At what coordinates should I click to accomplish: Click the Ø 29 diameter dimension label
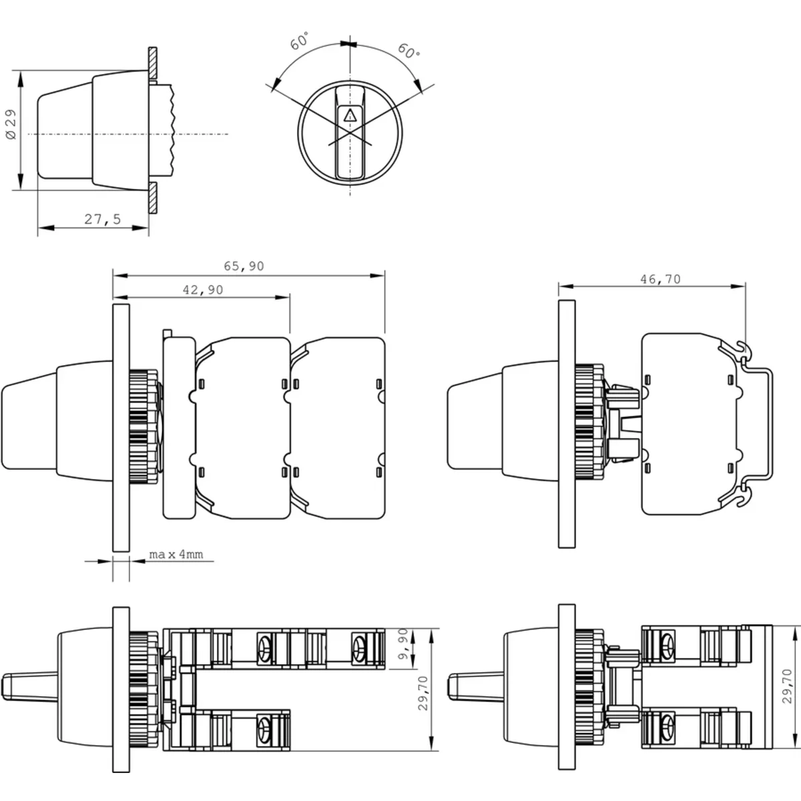click(x=11, y=124)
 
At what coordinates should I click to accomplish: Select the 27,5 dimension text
click(x=103, y=219)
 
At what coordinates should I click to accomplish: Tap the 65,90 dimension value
click(x=244, y=266)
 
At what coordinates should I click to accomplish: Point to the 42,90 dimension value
click(x=203, y=290)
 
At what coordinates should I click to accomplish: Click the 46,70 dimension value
click(x=661, y=279)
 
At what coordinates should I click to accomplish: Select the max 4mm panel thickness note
click(x=176, y=555)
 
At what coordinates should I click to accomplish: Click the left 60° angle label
click(x=299, y=41)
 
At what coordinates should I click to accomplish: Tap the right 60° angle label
click(x=409, y=51)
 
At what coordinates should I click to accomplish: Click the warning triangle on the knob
click(x=350, y=115)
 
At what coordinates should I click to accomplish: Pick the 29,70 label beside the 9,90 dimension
click(x=423, y=693)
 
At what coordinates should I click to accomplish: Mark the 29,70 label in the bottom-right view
click(x=787, y=686)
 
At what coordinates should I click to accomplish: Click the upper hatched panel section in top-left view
click(x=153, y=63)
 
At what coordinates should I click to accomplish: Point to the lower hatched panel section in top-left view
click(x=153, y=198)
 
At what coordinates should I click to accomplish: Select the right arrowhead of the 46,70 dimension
click(x=738, y=286)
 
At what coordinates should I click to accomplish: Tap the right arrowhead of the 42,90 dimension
click(x=283, y=297)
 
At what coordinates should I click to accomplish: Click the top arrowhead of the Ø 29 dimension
click(x=21, y=77)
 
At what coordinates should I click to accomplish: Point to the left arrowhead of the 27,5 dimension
click(x=45, y=228)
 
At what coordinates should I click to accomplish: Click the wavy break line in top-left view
click(x=172, y=129)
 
